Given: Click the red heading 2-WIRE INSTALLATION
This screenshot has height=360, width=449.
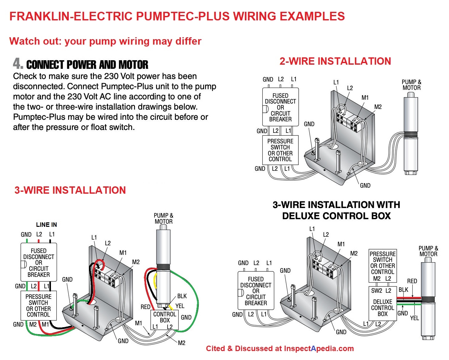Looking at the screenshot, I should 335,61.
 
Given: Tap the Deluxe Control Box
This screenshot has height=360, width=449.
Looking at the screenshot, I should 382,307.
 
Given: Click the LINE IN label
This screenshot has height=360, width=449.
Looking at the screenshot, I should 46,225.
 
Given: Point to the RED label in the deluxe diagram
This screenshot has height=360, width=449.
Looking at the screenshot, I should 412,281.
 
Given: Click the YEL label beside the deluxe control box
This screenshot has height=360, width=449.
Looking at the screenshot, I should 414,318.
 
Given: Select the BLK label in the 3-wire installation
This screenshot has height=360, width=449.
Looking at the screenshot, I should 182,296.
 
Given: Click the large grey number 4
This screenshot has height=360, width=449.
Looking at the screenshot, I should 18,63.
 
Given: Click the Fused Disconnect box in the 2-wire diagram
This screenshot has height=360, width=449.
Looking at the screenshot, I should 280,107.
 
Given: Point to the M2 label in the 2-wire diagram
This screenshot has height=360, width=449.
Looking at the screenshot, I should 378,107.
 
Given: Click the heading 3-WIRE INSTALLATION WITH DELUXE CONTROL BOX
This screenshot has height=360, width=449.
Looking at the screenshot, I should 336,210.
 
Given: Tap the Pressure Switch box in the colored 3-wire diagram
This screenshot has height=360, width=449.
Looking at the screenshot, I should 38,305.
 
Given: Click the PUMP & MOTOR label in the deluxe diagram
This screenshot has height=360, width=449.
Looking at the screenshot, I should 428,251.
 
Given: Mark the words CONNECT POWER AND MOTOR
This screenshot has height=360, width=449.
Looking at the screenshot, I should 87,65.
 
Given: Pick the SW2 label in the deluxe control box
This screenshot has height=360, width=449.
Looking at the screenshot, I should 376,291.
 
